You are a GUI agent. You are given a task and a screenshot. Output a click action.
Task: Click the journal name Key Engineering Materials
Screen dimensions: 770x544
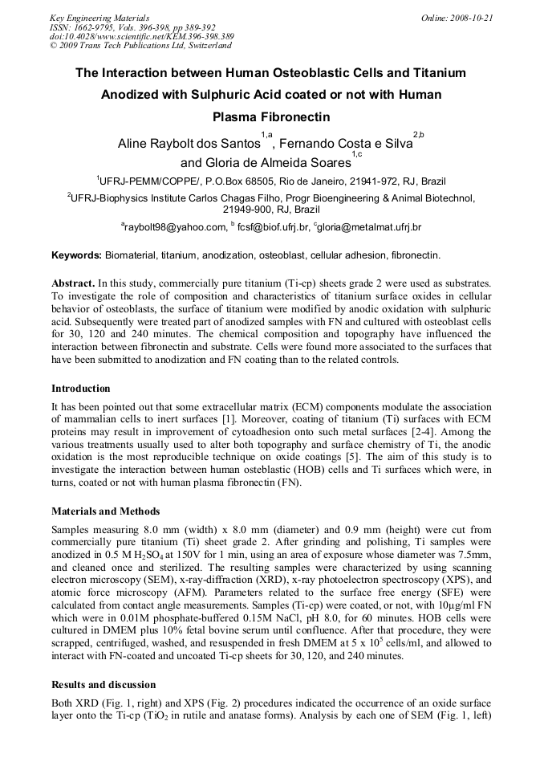[99, 17]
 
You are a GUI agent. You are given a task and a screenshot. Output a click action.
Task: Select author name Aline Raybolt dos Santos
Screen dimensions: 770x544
[189, 145]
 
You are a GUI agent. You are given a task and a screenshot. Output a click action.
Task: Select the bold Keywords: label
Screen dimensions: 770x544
[76, 255]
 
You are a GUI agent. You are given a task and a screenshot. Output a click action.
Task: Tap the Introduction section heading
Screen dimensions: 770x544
[81, 388]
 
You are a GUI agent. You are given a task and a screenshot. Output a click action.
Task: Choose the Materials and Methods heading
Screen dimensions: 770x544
[105, 511]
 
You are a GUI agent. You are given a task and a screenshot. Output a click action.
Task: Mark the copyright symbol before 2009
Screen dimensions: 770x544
[53, 46]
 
